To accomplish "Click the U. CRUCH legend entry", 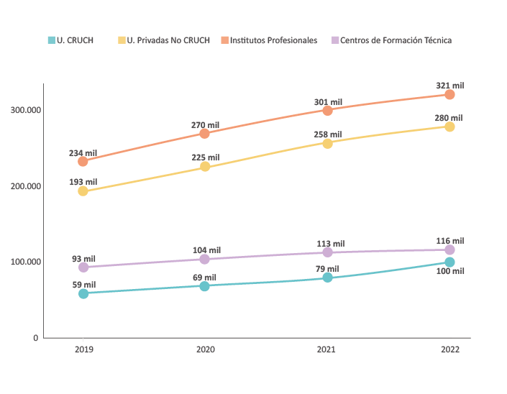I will coord(70,40).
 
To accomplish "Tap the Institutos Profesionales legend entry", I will coord(269,40).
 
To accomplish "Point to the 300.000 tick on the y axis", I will coord(25,110).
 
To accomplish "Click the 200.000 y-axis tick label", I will coord(25,186).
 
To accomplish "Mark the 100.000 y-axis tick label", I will coord(25,262).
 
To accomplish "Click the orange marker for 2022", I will coord(449,95).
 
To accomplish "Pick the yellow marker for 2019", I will coord(83,191).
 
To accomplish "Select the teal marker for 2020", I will coord(205,286).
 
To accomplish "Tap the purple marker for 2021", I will coord(327,252).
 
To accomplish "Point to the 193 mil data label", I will coord(83,182).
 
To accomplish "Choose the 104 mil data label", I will coord(207,250).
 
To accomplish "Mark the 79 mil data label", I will coord(327,269).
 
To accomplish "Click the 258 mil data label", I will coord(328,134).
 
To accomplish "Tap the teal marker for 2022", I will coord(449,262).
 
